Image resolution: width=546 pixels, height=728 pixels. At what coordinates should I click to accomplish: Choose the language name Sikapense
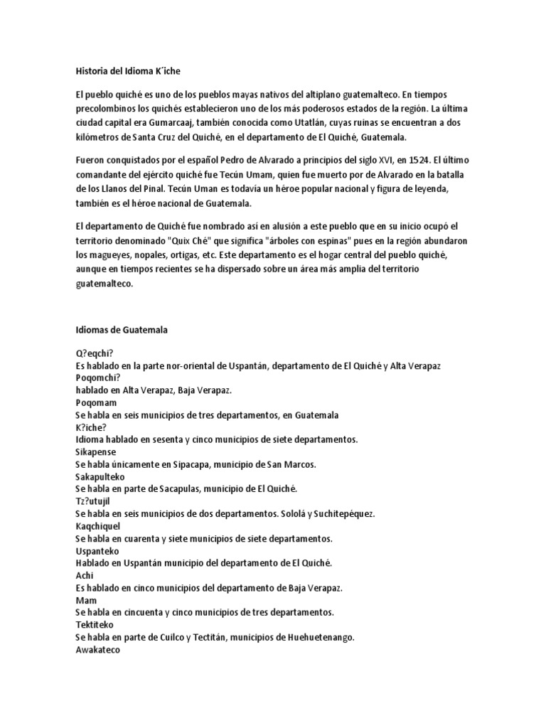(96, 452)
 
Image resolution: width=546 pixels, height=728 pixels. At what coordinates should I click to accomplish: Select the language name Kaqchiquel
(98, 526)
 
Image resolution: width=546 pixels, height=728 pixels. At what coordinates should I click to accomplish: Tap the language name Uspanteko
(97, 551)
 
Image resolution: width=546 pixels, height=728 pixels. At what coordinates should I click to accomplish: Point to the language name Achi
(85, 576)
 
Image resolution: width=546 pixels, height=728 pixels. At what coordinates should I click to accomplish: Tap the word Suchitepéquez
(339, 513)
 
